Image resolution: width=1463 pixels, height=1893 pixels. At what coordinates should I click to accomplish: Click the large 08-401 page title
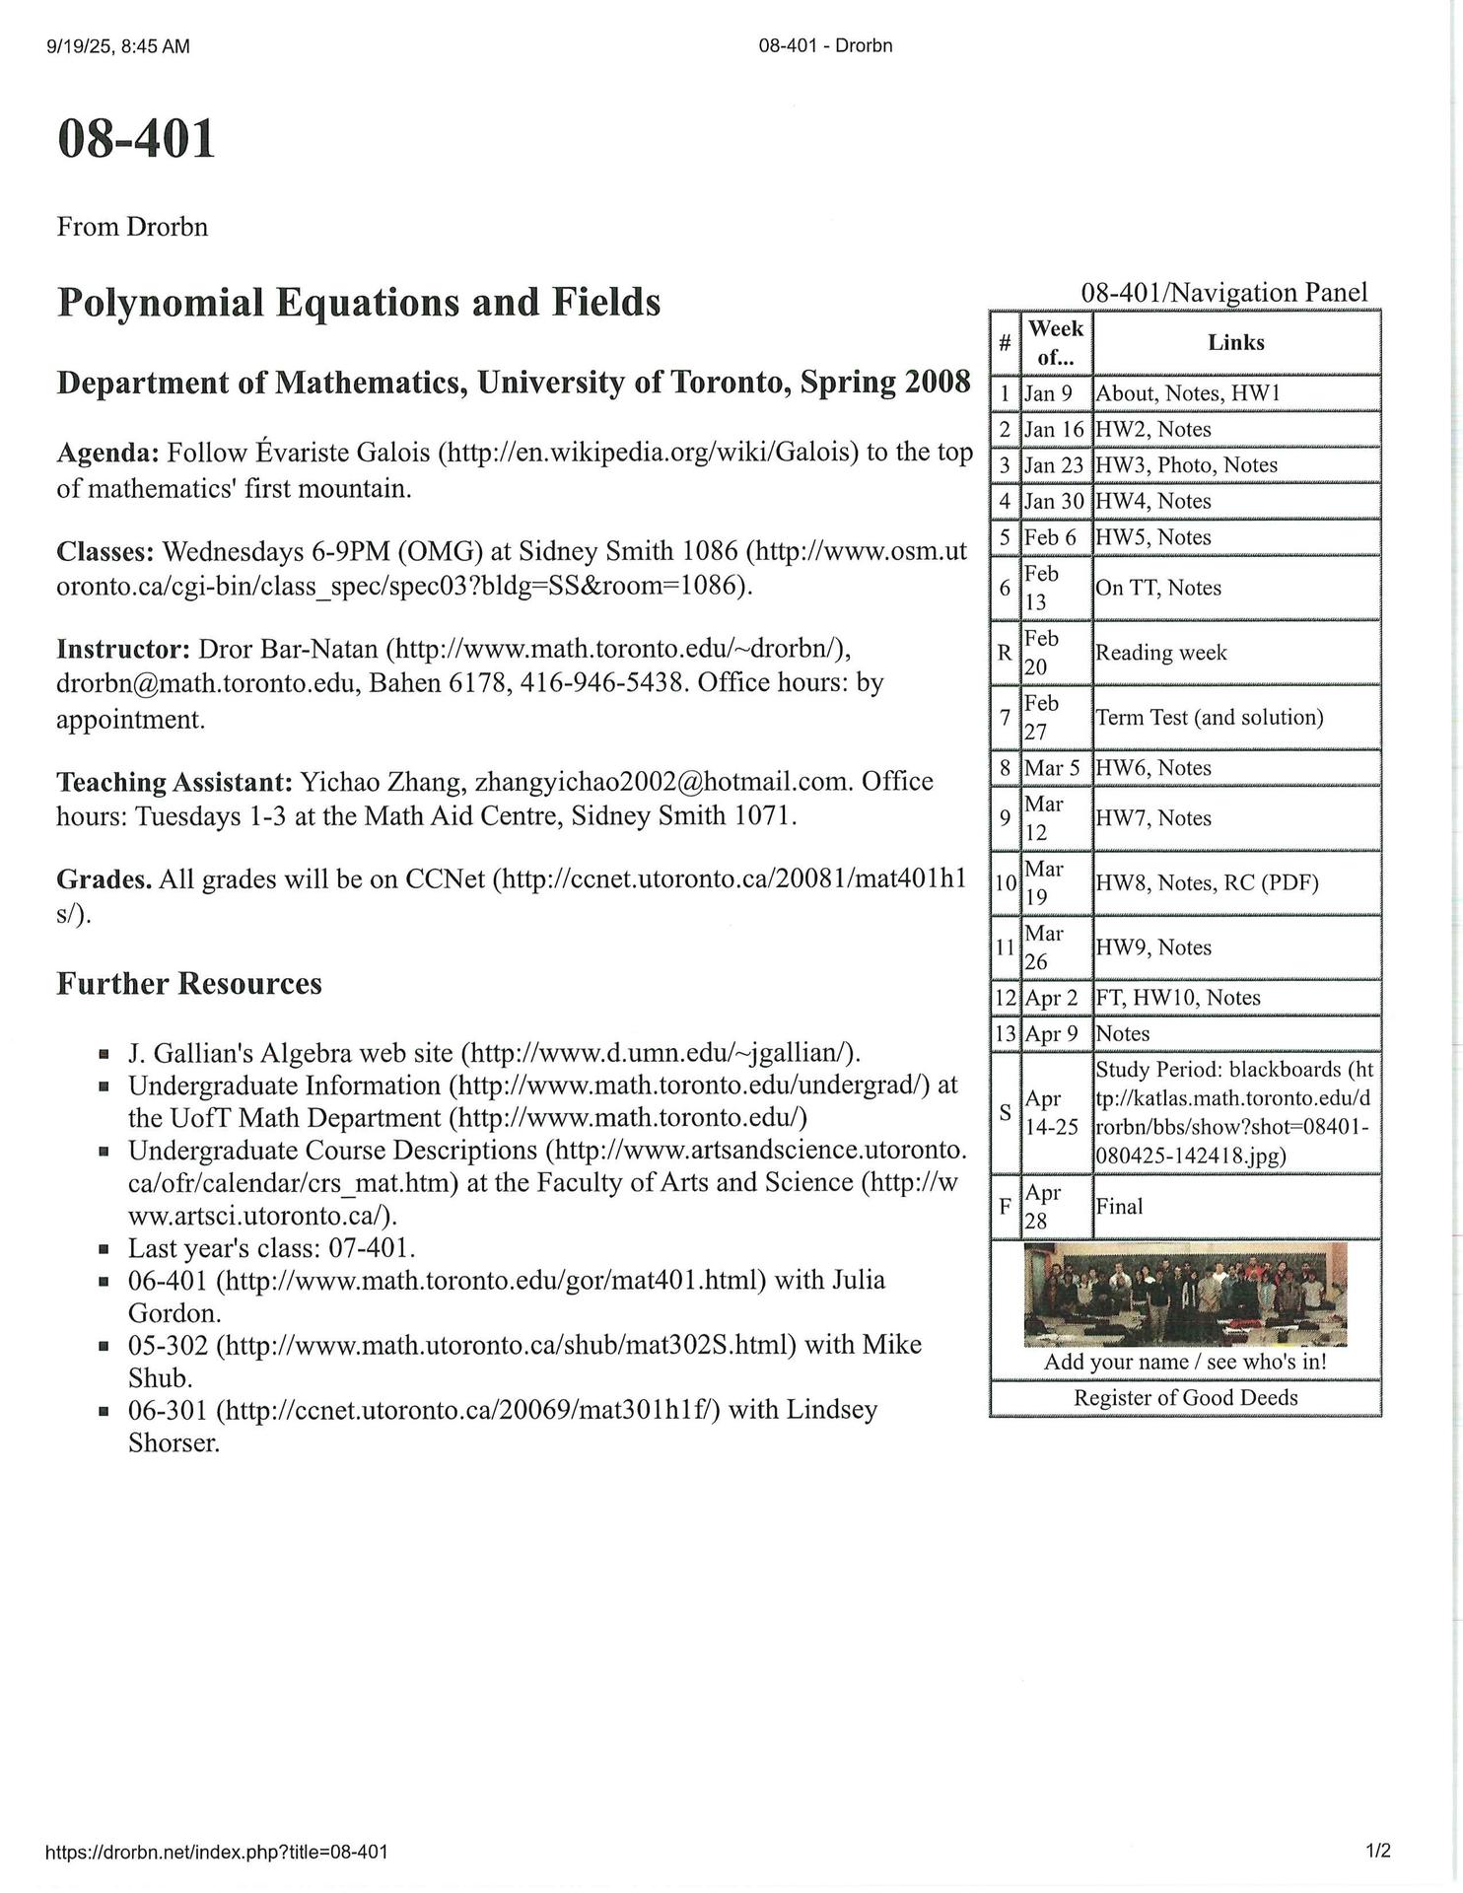(x=136, y=139)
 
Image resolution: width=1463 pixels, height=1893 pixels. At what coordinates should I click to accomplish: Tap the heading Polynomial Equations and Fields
(x=359, y=302)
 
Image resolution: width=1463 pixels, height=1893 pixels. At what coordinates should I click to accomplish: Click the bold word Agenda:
(x=107, y=453)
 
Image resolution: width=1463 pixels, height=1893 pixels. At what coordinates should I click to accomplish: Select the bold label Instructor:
(x=123, y=649)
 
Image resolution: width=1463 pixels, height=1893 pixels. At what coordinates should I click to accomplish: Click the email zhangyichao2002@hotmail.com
(x=661, y=782)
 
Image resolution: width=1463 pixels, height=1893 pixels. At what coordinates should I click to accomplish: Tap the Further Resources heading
(x=189, y=984)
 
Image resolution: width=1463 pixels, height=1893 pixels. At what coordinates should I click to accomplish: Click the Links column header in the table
(x=1235, y=342)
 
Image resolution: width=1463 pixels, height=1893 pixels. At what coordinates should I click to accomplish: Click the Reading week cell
(x=1160, y=653)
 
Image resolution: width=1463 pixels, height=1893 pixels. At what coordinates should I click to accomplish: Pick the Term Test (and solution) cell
(x=1209, y=717)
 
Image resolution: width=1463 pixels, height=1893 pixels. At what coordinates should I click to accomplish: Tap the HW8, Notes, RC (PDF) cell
(x=1207, y=882)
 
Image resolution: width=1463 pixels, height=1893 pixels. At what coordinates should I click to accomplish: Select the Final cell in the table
(x=1119, y=1207)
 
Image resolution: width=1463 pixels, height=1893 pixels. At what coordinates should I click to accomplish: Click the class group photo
(x=1185, y=1294)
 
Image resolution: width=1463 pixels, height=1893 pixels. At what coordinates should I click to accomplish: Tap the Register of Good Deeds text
(x=1185, y=1398)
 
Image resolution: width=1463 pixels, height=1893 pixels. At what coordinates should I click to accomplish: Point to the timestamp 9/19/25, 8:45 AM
(x=117, y=46)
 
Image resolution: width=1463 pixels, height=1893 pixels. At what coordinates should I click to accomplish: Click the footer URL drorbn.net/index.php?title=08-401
(x=217, y=1853)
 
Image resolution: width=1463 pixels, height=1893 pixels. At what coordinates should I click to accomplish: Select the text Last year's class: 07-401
(x=271, y=1248)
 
